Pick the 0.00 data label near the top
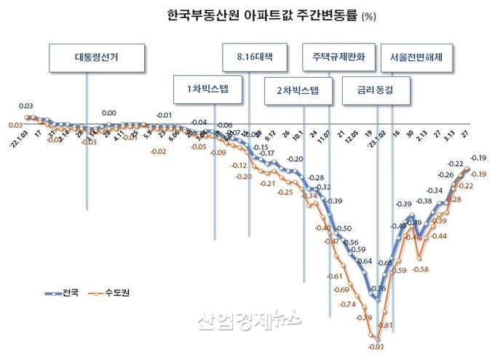(x=108, y=113)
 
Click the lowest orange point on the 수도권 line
(x=376, y=336)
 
